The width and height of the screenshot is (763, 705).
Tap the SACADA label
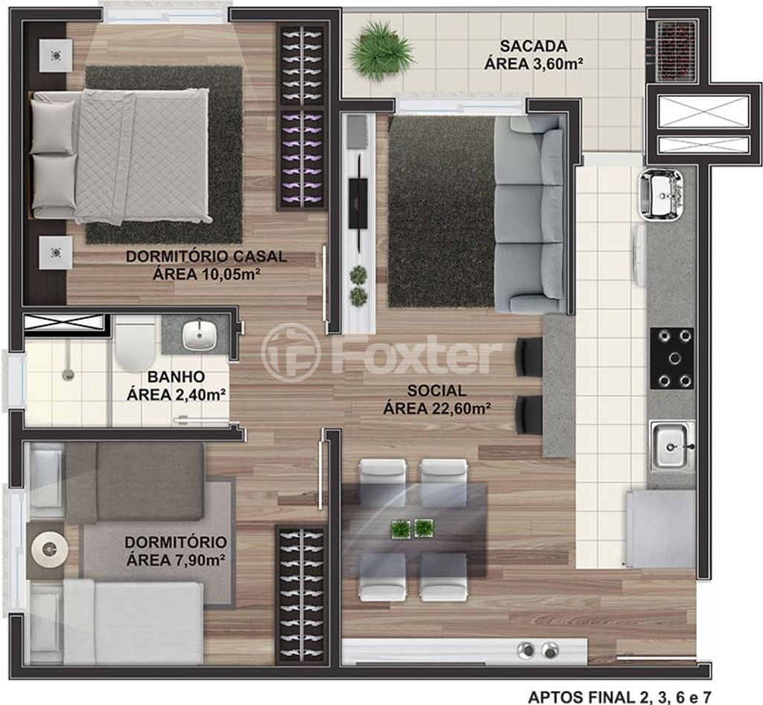(534, 47)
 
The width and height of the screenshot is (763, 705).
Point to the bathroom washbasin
(199, 335)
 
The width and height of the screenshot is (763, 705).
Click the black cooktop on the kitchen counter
(672, 359)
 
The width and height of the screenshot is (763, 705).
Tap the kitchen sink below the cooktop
(674, 447)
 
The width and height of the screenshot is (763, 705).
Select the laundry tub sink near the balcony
(660, 196)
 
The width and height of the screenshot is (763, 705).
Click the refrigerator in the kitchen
(660, 529)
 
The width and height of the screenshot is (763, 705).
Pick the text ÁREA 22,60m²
(437, 409)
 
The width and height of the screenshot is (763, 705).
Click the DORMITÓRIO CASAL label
(206, 257)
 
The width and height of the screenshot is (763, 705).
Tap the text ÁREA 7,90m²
(175, 560)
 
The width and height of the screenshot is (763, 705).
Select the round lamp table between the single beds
(48, 549)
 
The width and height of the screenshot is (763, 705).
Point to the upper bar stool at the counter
(528, 357)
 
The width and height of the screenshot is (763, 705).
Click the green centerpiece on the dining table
(413, 529)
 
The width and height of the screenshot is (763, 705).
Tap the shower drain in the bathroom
(68, 374)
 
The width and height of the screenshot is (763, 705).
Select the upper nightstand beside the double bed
(55, 56)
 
